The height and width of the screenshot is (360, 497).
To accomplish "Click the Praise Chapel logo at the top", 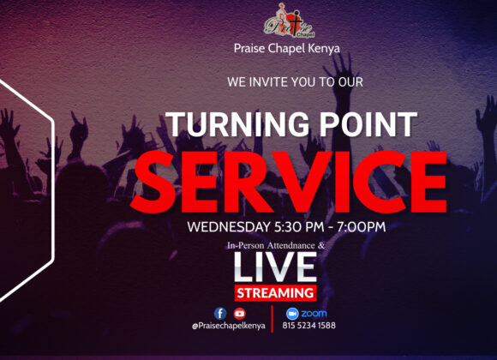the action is click(x=289, y=21).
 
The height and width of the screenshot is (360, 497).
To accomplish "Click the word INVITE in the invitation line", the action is click(x=269, y=82).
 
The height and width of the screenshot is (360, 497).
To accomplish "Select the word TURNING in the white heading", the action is click(x=237, y=124).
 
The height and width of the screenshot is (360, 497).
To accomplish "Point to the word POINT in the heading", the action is click(x=368, y=124).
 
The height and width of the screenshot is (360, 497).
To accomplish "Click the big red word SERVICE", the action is click(x=289, y=182).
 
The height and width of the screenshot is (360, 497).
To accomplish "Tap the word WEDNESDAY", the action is click(x=229, y=227).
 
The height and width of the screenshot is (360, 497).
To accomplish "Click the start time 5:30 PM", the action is click(x=299, y=227).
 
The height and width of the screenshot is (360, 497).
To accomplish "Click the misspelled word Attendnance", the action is click(x=291, y=245).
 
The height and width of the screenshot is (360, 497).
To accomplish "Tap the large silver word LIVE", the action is click(x=275, y=267).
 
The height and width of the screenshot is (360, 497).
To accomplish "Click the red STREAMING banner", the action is click(x=275, y=293).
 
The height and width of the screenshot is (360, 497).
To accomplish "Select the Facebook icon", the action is click(x=220, y=314).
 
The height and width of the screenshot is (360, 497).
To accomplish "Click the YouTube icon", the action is click(x=240, y=314).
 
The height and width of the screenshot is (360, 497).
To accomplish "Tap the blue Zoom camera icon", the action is click(x=292, y=314).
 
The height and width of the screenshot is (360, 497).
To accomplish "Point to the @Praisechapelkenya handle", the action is click(x=229, y=326).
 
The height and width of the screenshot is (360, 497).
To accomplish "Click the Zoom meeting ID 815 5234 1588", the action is click(x=309, y=326).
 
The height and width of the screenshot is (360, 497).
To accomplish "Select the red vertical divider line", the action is click(x=272, y=319).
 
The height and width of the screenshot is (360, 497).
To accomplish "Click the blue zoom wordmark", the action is click(x=314, y=314).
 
